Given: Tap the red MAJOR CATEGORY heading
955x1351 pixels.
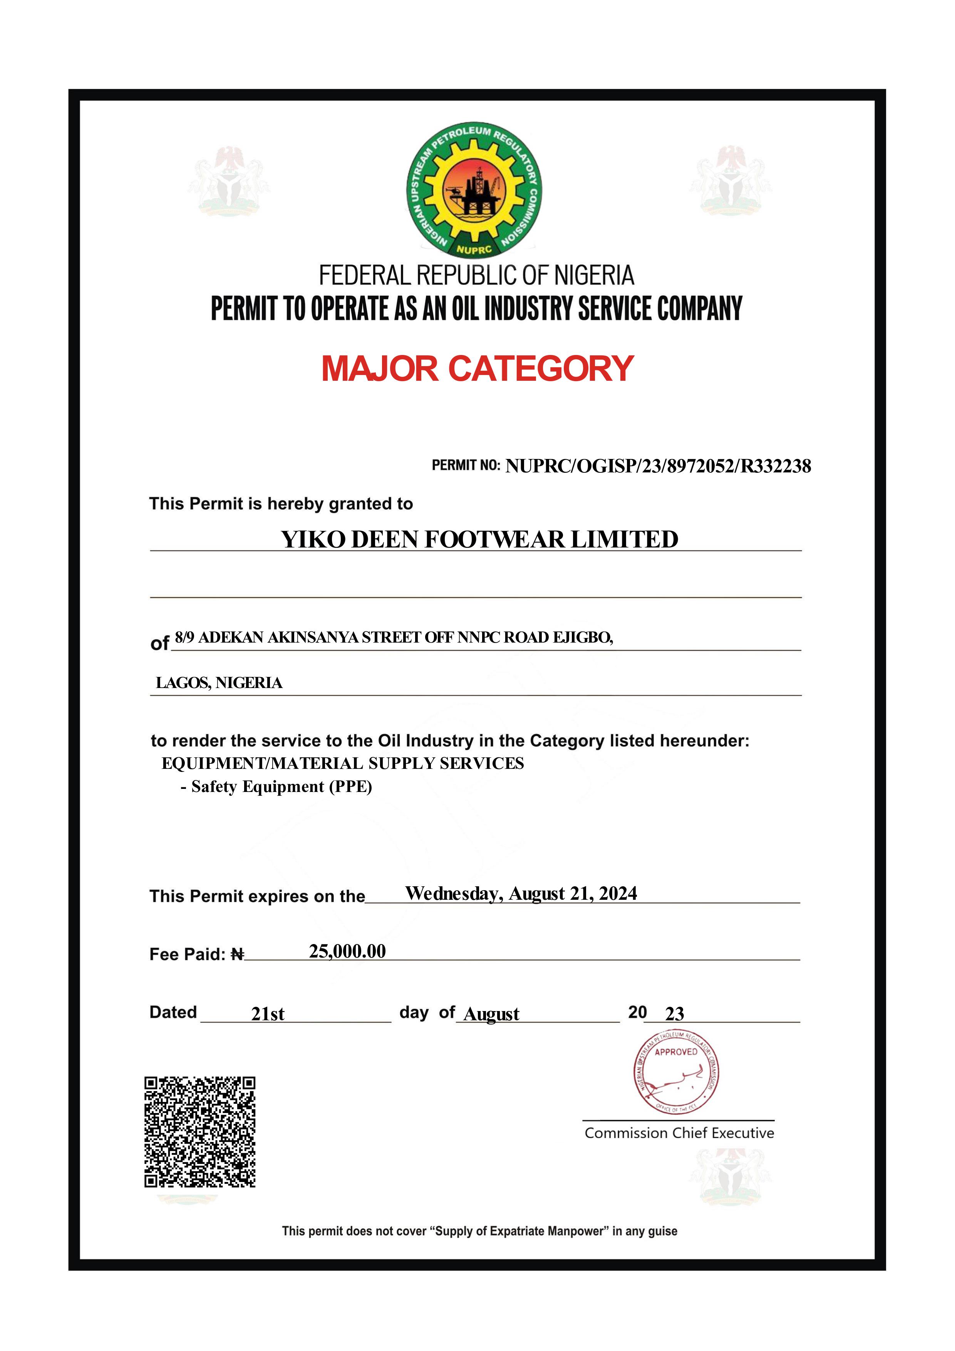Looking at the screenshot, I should (x=477, y=369).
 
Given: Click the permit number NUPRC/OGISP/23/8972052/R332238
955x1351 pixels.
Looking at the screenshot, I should (x=658, y=466).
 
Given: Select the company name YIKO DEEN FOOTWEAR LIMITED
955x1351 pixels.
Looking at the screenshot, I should (x=479, y=539).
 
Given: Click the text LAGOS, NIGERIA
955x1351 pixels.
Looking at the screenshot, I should (x=219, y=683).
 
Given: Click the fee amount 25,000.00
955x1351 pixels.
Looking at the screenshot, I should (x=347, y=951).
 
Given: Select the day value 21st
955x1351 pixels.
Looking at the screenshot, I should (x=268, y=1013).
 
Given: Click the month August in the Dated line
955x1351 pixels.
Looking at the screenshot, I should (x=491, y=1013).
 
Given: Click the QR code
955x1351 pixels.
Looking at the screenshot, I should (x=200, y=1132).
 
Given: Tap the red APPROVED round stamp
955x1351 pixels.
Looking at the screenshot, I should (x=676, y=1072).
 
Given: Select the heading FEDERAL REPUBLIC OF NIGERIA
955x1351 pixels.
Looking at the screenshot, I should (x=477, y=275).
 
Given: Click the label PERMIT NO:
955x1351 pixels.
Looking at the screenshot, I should (x=466, y=465).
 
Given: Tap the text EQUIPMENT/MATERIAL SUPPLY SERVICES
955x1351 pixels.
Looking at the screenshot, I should (x=342, y=763).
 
